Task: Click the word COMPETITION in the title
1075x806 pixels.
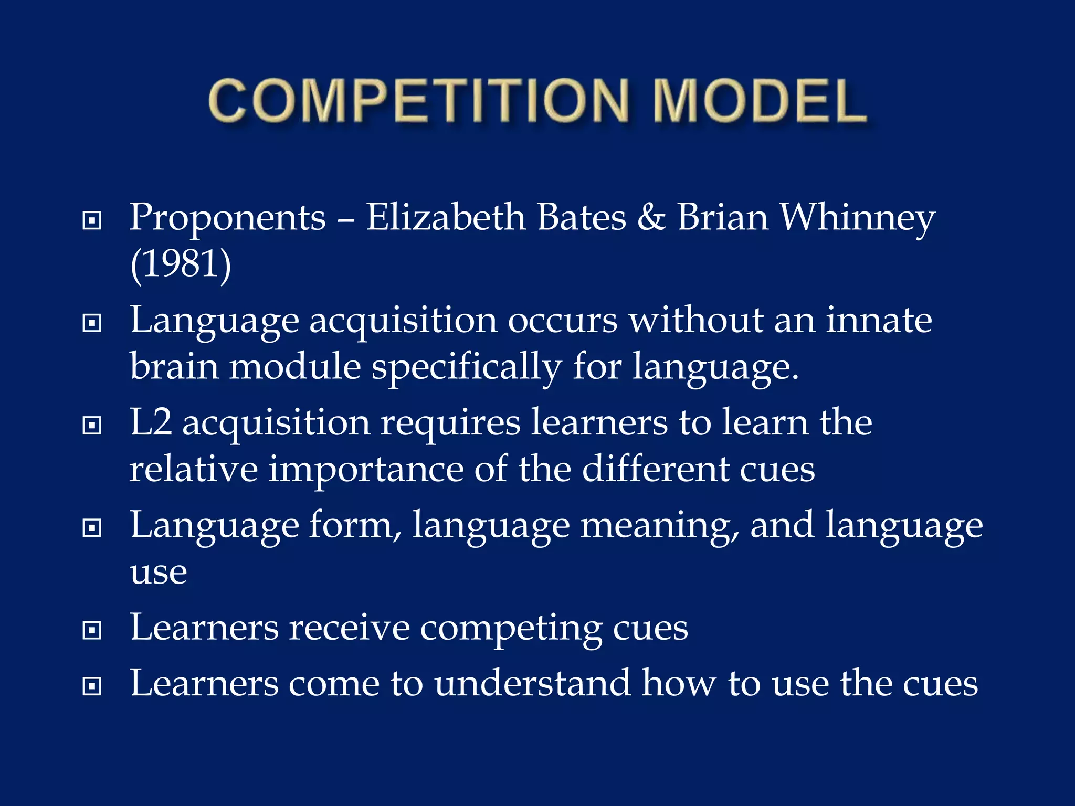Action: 418,101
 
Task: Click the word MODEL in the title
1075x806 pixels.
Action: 760,101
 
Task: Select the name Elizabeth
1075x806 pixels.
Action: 446,217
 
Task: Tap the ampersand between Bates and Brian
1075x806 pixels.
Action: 651,217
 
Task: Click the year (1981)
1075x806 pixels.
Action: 181,264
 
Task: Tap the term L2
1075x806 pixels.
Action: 151,422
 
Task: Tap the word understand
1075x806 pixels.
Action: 532,684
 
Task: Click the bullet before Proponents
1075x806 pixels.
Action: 92,220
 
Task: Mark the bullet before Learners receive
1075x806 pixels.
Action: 92,630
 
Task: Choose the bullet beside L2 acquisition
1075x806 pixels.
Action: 92,425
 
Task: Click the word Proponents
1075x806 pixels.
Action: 227,218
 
